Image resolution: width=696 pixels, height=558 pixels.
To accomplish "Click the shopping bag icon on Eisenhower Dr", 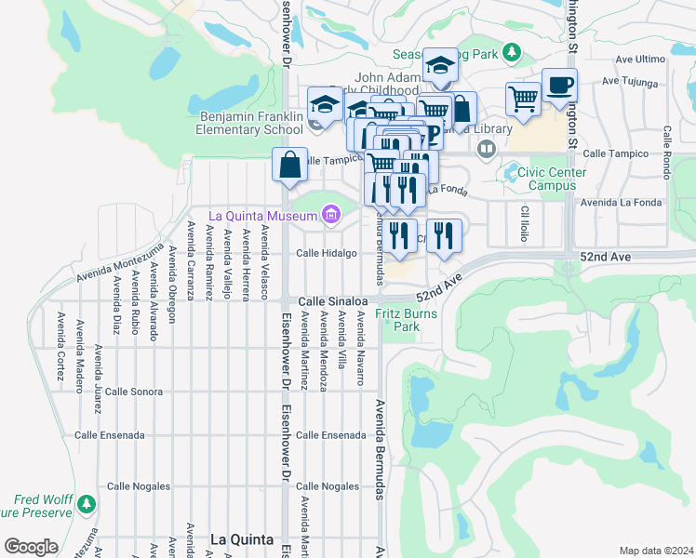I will (290, 166).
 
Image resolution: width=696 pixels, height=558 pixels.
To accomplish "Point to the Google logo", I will (30, 546).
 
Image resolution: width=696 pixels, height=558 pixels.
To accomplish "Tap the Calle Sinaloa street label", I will (332, 301).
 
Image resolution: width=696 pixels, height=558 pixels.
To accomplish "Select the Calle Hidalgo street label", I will (327, 253).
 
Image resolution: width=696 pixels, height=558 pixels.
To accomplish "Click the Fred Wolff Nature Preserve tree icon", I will (87, 503).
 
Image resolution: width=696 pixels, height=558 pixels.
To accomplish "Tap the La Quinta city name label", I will (241, 539).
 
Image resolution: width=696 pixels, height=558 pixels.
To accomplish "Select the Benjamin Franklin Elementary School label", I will (251, 123).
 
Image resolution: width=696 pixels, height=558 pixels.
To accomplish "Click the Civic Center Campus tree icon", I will (510, 172).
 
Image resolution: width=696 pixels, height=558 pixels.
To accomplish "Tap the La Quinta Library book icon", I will (486, 148).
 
